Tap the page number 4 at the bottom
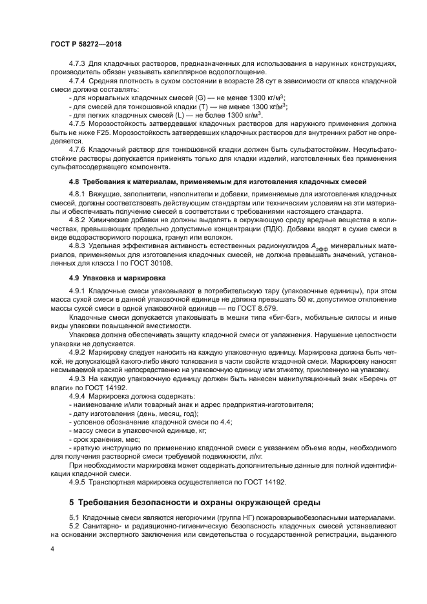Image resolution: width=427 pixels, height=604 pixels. (52, 549)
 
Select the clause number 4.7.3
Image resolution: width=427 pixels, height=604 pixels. (78, 63)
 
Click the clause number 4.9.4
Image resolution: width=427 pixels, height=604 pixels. (78, 395)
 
